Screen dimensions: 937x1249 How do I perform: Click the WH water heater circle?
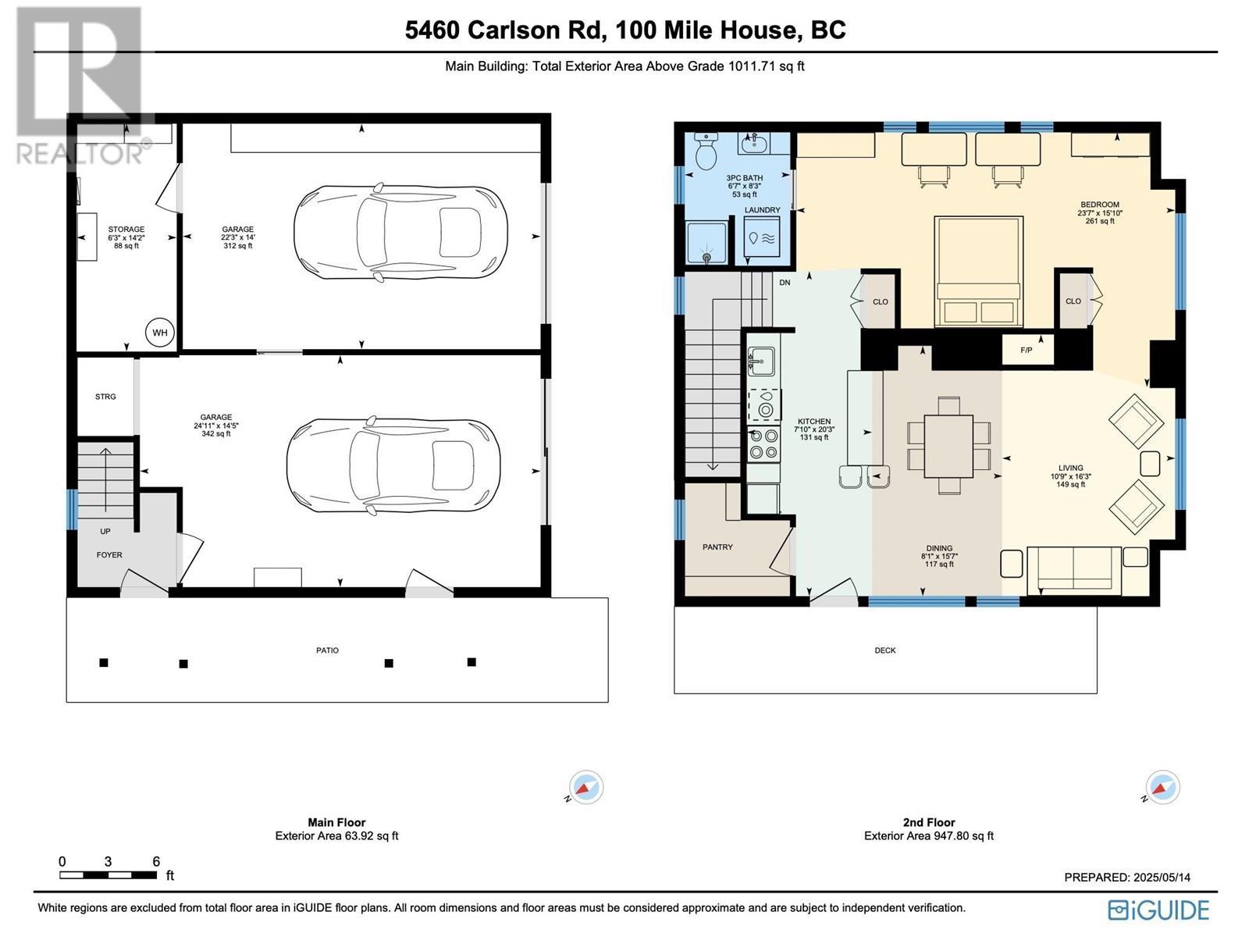pos(160,333)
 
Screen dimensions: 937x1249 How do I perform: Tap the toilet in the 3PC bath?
pos(706,151)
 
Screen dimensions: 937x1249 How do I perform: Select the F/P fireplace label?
pos(1027,350)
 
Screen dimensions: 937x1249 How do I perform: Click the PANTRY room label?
pos(717,547)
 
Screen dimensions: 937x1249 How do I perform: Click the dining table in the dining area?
pos(948,446)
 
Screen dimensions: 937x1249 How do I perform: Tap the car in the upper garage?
pos(400,233)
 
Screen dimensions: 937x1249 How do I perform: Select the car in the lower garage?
pos(393,466)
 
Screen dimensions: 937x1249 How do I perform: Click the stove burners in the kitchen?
pos(763,445)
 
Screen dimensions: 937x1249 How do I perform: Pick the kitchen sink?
pos(761,362)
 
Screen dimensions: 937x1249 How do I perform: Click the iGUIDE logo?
pos(1158,910)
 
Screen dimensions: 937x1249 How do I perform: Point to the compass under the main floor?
pos(585,787)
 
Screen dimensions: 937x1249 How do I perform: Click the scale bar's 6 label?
pos(156,861)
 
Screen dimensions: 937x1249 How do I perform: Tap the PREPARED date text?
pos(1127,877)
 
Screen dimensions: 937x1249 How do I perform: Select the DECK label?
pos(885,650)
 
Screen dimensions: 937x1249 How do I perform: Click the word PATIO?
pos(327,650)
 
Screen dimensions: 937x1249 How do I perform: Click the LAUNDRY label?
pos(762,210)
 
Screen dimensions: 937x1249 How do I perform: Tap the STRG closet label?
pos(105,397)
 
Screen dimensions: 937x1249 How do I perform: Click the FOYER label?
pos(109,554)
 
